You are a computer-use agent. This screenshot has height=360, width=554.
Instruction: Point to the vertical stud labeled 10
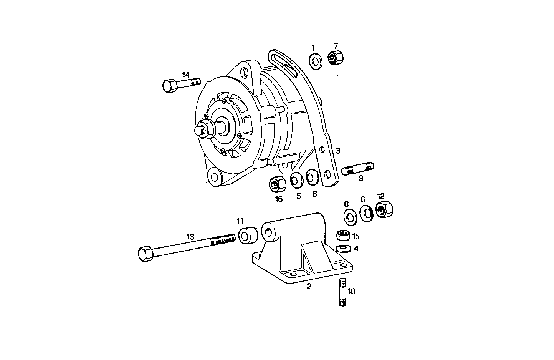pyautogui.click(x=343, y=293)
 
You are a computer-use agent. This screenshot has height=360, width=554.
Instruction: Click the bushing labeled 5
pyautogui.click(x=296, y=181)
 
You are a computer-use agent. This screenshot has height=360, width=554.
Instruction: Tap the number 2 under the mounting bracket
pyautogui.click(x=309, y=286)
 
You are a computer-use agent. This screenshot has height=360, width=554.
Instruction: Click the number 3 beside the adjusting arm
pyautogui.click(x=338, y=151)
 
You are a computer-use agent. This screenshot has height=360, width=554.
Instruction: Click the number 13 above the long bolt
pyautogui.click(x=191, y=237)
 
